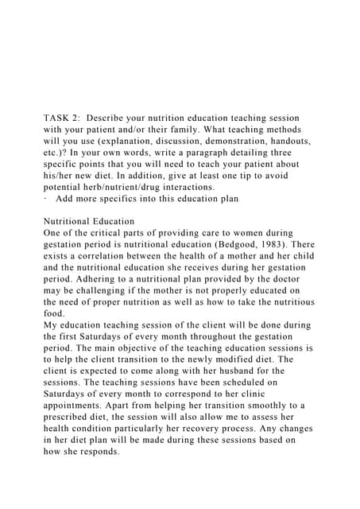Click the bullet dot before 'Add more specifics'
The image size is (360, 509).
click(45, 197)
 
